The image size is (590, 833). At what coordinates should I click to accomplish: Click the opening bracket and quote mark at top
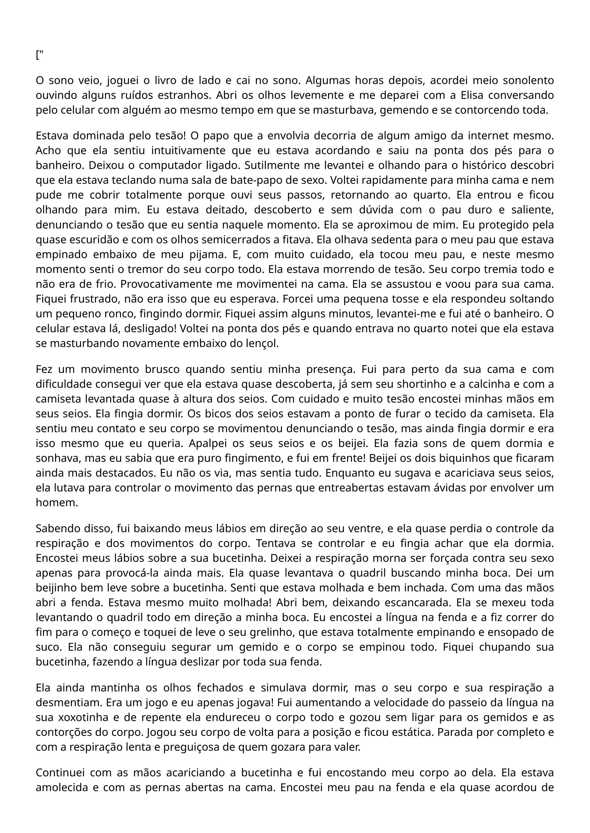[x=40, y=55]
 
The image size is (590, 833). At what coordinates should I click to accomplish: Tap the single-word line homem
[x=57, y=503]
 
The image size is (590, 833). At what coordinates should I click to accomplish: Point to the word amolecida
[x=62, y=788]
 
